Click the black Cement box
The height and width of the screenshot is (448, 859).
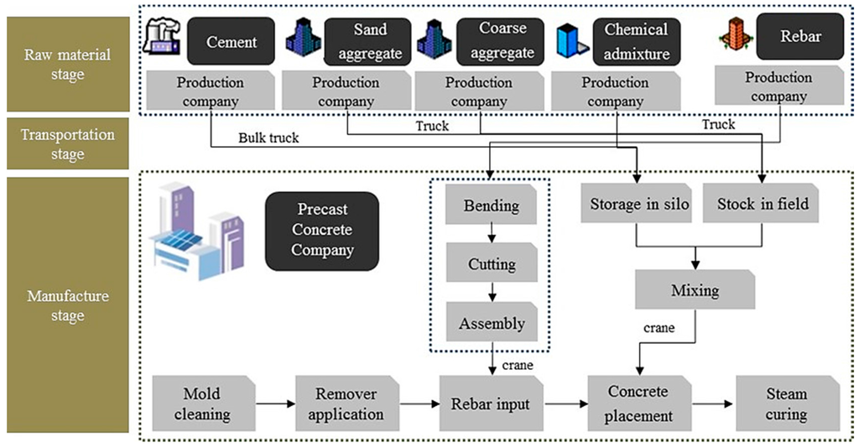tap(231, 41)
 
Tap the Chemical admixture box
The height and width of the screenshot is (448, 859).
tap(637, 42)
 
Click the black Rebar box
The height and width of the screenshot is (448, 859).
tap(800, 36)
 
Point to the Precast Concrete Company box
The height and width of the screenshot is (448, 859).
tap(321, 230)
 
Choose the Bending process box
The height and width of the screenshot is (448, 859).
tap(492, 206)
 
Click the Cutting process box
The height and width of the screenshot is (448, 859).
tap(492, 264)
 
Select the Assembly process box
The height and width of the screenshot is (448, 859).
tap(492, 323)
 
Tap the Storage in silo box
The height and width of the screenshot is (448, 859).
tap(636, 204)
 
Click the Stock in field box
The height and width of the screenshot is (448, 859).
tap(763, 204)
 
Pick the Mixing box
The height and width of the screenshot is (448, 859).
tap(695, 290)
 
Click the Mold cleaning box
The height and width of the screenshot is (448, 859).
tap(201, 404)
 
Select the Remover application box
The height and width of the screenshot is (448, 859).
tap(346, 404)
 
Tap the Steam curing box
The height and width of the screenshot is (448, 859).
tap(786, 404)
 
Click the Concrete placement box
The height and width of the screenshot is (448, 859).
tap(640, 404)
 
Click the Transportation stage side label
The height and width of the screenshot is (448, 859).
tap(67, 144)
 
